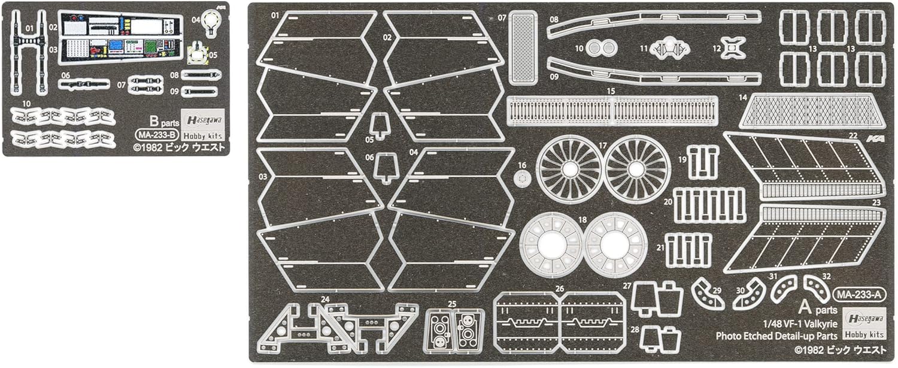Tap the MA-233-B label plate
156,134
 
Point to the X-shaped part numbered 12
733,47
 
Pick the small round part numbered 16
522,178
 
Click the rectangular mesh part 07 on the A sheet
523,48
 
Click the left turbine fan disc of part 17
569,169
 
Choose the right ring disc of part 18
616,244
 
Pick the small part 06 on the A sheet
386,167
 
